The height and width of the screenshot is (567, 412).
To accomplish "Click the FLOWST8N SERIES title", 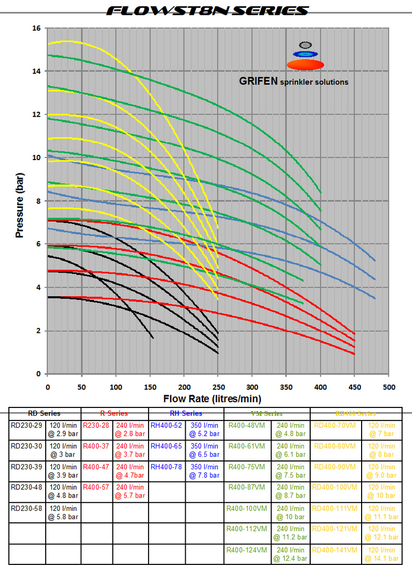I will (x=206, y=10).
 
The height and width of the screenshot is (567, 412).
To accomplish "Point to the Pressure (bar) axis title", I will (x=20, y=201).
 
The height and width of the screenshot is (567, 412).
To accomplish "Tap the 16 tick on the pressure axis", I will (x=37, y=28).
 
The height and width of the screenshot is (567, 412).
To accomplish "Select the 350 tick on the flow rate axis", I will (x=286, y=387).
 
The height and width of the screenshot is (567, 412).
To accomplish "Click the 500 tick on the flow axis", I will (x=388, y=387).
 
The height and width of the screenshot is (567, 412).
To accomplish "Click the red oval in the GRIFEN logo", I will (x=305, y=65).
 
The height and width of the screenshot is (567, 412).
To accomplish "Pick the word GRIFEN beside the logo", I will (x=258, y=82).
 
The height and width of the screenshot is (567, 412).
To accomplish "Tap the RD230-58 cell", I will (x=27, y=508).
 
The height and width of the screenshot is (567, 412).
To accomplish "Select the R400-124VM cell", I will (x=247, y=550).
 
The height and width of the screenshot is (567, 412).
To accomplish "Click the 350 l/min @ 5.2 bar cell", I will (x=205, y=429).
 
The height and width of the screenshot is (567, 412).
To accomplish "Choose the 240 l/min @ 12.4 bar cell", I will (x=290, y=554).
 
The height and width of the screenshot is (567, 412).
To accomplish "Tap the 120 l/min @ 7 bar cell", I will (x=382, y=429).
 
